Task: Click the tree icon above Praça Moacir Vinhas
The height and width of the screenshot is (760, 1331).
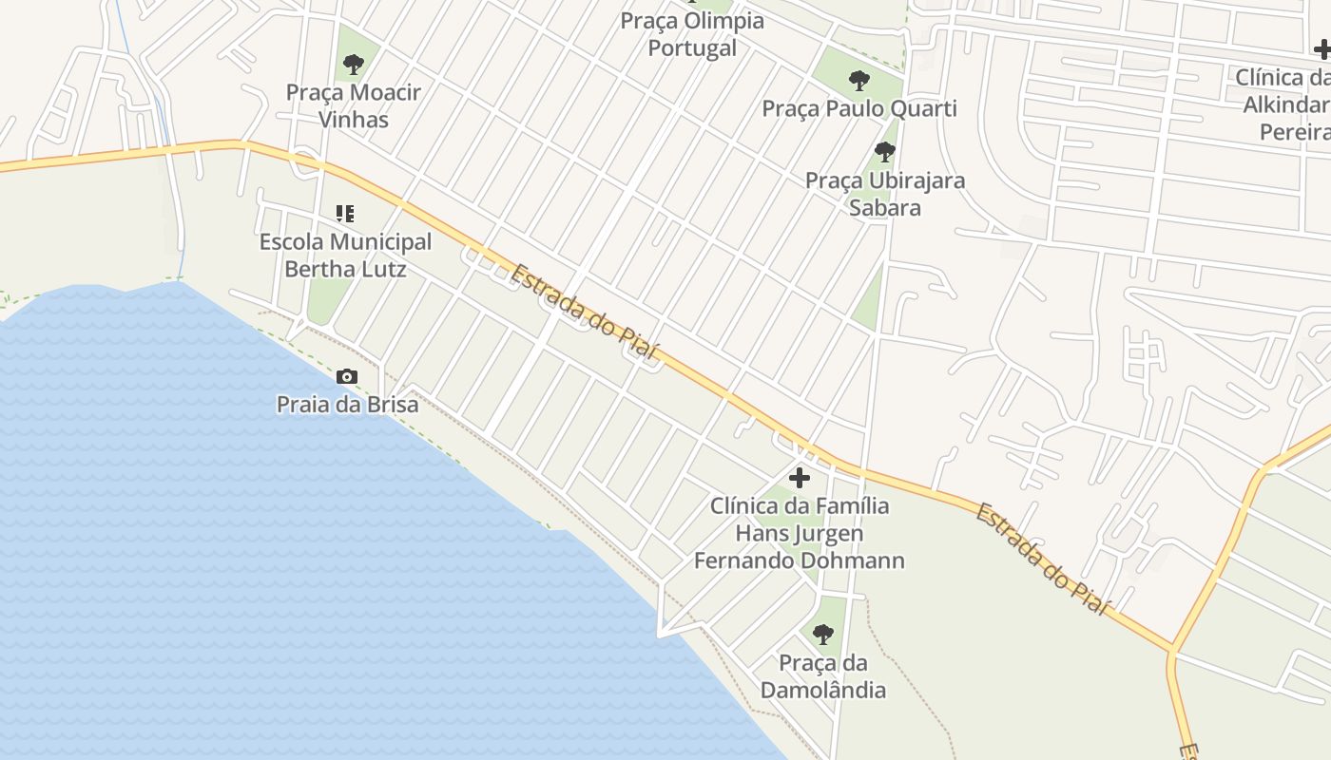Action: (x=354, y=65)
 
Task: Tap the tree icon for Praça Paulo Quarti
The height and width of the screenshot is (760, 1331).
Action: (x=859, y=80)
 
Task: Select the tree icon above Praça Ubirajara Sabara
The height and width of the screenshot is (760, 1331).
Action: (x=885, y=151)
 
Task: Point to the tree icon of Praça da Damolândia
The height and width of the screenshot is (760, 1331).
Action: (x=823, y=634)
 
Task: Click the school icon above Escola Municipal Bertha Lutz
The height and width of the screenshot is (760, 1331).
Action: (x=345, y=214)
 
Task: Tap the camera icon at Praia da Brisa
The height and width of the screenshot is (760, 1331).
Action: (x=347, y=376)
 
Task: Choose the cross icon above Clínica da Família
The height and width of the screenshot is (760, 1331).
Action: (x=800, y=477)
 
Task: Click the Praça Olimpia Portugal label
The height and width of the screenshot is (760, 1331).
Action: (x=692, y=34)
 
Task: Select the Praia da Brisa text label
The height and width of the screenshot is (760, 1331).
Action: (x=347, y=405)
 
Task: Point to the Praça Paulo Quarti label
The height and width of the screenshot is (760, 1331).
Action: (x=859, y=108)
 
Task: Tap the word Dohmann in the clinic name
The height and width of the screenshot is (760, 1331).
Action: (x=852, y=560)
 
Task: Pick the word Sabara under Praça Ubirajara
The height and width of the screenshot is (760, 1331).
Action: (x=885, y=208)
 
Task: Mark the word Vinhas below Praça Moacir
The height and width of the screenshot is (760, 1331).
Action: (x=354, y=120)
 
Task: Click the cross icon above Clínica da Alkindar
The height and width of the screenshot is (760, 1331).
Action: (x=1322, y=49)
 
